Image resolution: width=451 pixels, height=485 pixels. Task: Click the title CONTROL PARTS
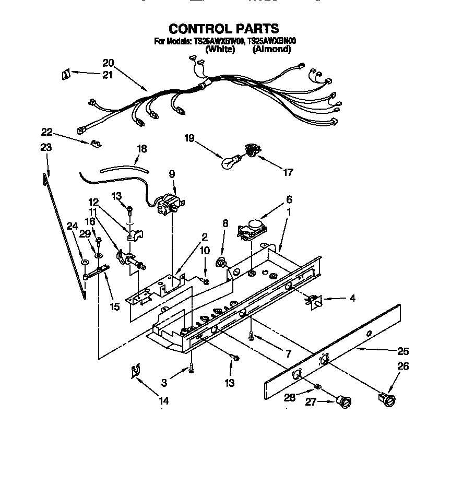(223, 29)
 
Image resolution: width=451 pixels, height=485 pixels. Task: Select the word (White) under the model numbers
(221, 50)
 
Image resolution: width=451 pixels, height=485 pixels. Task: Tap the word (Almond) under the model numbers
(271, 50)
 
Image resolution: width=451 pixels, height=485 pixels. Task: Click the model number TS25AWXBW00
(218, 41)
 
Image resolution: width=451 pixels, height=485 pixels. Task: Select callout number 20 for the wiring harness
(108, 63)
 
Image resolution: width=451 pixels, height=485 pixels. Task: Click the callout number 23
(46, 148)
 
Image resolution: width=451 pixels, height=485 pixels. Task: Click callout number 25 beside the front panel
(418, 351)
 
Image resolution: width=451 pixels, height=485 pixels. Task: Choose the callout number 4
(353, 299)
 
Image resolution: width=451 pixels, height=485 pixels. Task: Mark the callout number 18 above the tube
(141, 149)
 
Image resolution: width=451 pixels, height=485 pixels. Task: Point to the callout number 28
(289, 398)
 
